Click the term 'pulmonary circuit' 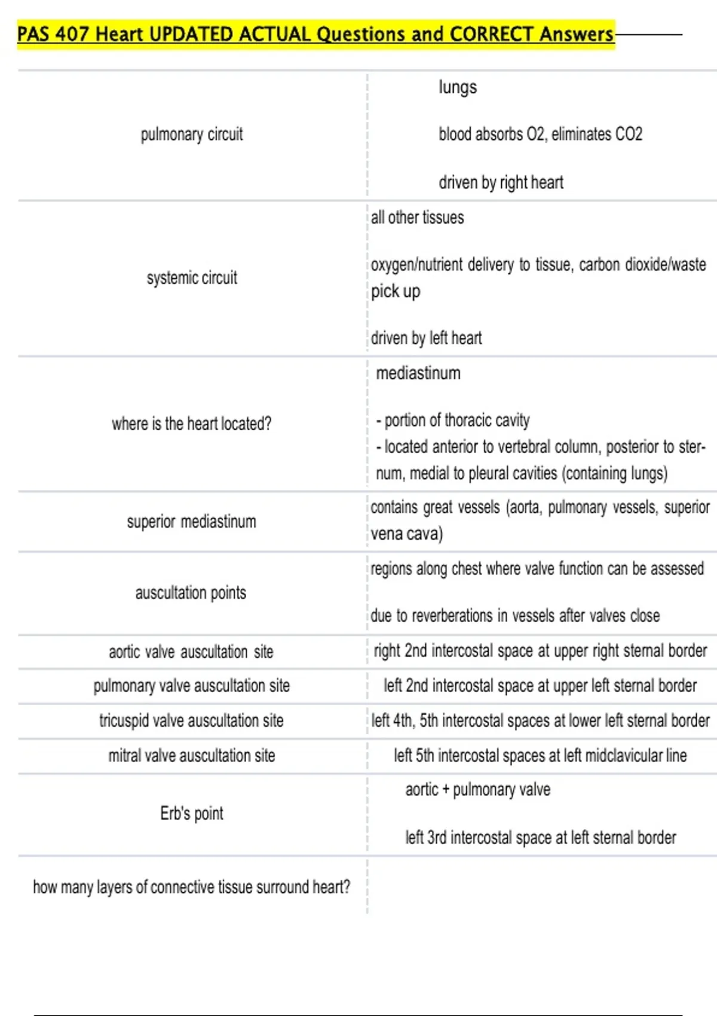(192, 134)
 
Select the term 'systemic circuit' (192, 278)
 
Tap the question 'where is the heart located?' (191, 424)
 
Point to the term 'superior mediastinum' (191, 522)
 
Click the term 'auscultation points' (191, 593)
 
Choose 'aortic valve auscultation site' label (191, 651)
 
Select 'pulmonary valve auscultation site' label (191, 686)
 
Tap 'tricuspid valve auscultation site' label (191, 721)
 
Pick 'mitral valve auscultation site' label (191, 756)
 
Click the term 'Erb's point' (192, 813)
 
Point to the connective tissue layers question (191, 887)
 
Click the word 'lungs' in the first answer (458, 87)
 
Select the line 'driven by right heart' (501, 182)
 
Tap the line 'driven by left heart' (426, 338)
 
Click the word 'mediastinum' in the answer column (418, 374)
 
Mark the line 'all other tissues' (417, 218)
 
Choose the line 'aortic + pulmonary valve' (477, 790)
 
